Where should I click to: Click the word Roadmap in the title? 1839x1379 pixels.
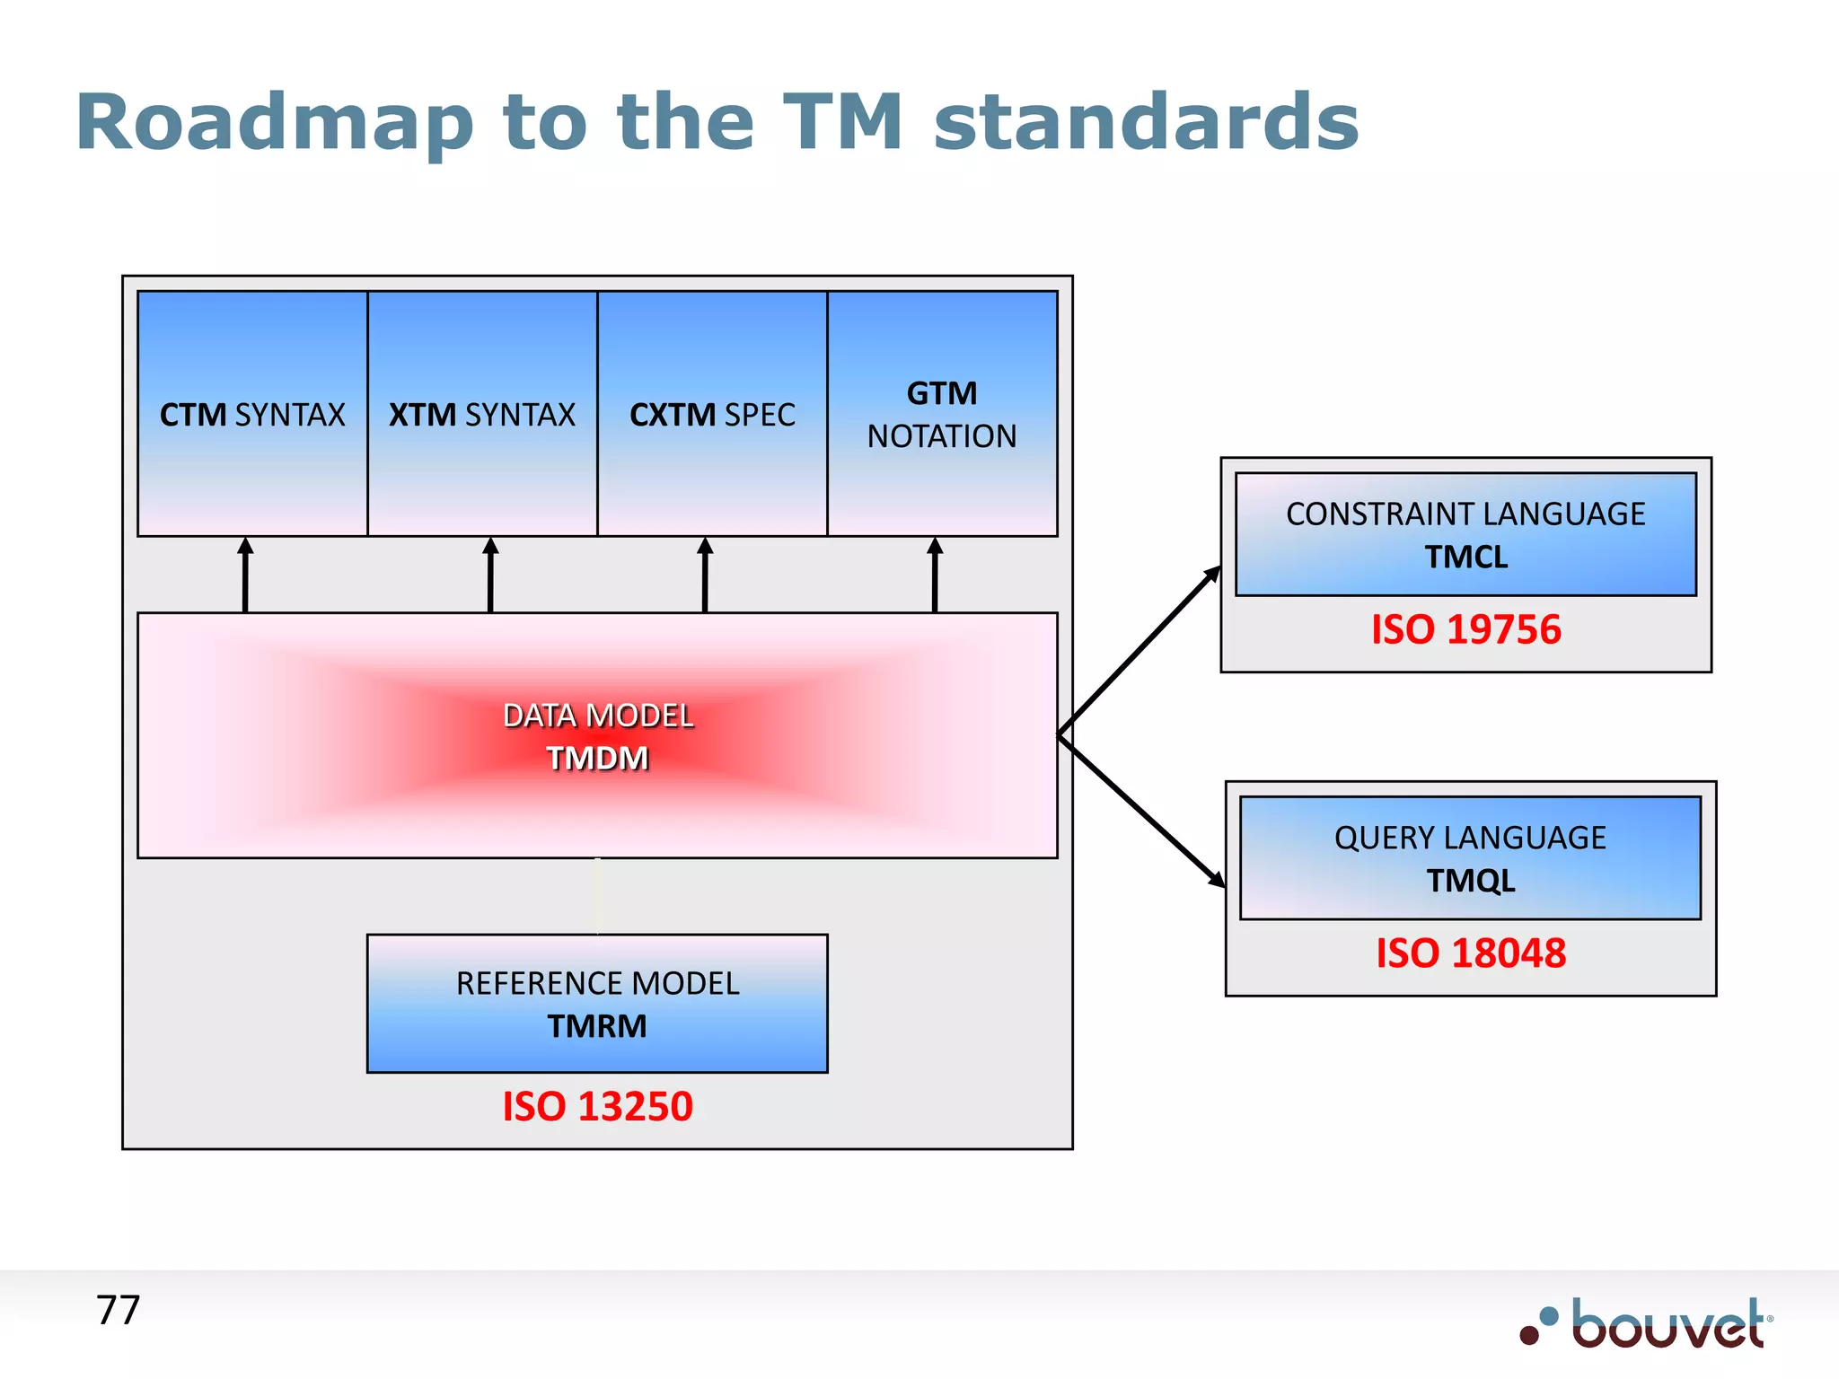pyautogui.click(x=274, y=123)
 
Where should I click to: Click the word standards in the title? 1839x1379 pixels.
pyautogui.click(x=1147, y=123)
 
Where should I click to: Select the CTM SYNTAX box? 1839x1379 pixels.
pyautogui.click(x=252, y=415)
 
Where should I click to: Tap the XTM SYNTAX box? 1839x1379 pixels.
pyautogui.click(x=482, y=415)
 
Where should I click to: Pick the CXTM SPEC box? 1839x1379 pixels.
pyautogui.click(x=712, y=415)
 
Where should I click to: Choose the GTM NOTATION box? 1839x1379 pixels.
pyautogui.click(x=942, y=415)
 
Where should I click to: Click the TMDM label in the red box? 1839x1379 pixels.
pyautogui.click(x=597, y=759)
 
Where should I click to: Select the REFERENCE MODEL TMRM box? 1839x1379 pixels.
pyautogui.click(x=597, y=1004)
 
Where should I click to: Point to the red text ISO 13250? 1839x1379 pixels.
pyautogui.click(x=597, y=1106)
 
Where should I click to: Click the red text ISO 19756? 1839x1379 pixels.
pyautogui.click(x=1465, y=629)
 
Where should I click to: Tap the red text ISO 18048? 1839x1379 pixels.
pyautogui.click(x=1471, y=953)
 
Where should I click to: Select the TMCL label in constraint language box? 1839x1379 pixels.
pyautogui.click(x=1465, y=558)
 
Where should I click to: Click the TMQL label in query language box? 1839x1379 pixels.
pyautogui.click(x=1471, y=881)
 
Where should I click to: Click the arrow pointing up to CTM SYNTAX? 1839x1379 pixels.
pyautogui.click(x=245, y=575)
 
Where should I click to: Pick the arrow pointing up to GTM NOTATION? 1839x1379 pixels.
pyautogui.click(x=935, y=575)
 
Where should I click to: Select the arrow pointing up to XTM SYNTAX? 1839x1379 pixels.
pyautogui.click(x=490, y=575)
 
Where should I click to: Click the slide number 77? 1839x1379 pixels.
pyautogui.click(x=118, y=1311)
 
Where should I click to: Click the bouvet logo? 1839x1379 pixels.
pyautogui.click(x=1648, y=1324)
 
